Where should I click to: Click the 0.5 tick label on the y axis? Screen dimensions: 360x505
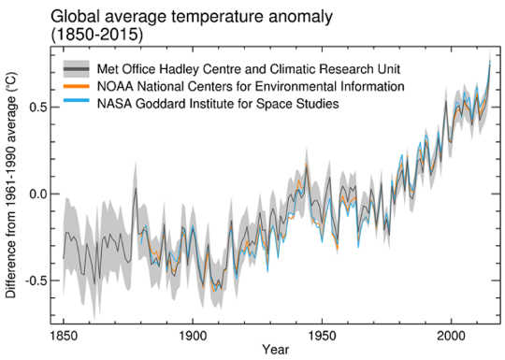[x=36, y=108]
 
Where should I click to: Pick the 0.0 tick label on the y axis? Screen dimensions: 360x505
[x=36, y=194]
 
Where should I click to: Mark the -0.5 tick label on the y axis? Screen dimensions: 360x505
[x=34, y=281]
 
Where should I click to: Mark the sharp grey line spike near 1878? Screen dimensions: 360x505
[x=136, y=190]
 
